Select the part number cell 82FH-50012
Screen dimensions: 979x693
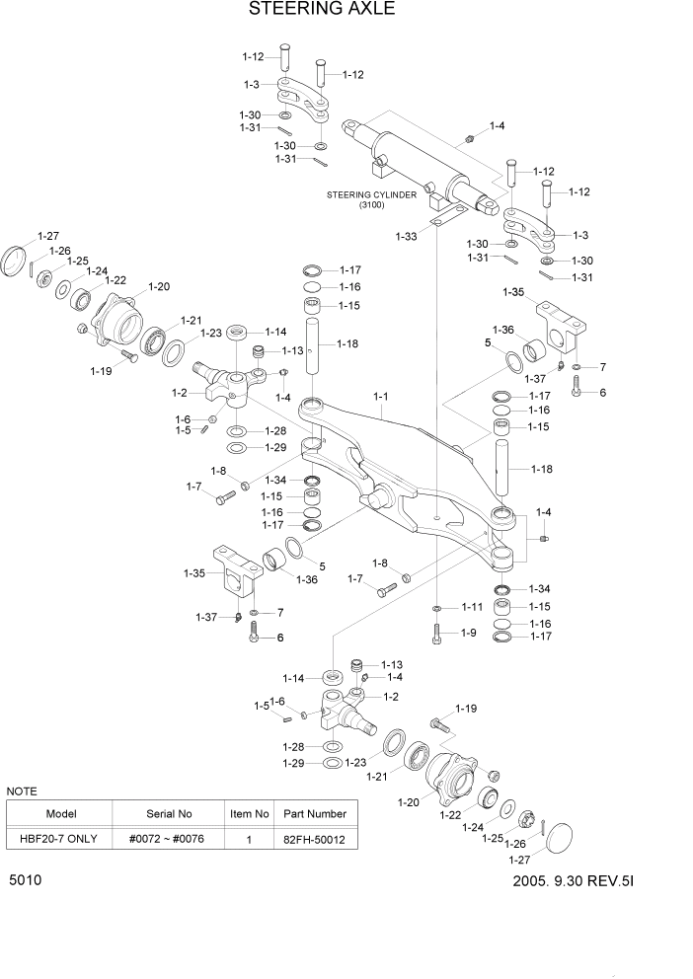pos(315,840)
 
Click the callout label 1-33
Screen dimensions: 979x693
pos(406,236)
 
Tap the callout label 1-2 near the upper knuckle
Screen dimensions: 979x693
pos(180,393)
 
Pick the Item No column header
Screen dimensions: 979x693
pos(249,814)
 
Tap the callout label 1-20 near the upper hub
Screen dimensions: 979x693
pos(159,287)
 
